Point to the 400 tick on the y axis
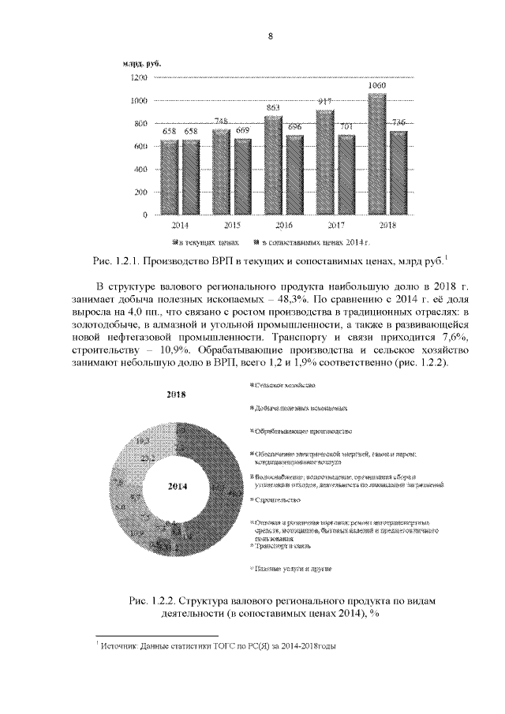(140, 170)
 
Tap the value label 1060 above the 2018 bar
(377, 84)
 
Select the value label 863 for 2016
(274, 107)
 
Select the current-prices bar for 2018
(377, 154)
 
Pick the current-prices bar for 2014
(170, 177)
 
